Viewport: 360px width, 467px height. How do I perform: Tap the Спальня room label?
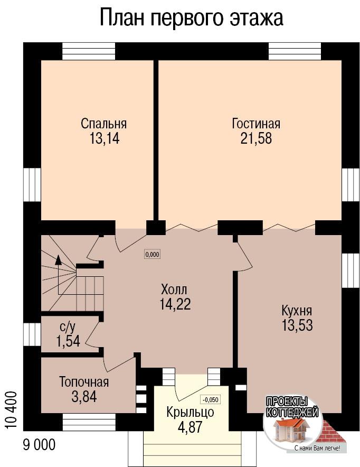click(103, 124)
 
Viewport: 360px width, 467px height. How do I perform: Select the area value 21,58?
click(256, 138)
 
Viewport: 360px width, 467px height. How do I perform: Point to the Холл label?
click(174, 289)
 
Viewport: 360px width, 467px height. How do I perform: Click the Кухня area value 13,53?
click(297, 325)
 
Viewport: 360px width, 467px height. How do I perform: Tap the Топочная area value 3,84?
click(84, 396)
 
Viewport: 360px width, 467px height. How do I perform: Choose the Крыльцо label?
click(190, 412)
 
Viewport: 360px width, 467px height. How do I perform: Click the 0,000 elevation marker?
click(152, 255)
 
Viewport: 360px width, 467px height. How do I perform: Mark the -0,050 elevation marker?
click(211, 399)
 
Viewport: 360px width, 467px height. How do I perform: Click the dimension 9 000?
click(39, 445)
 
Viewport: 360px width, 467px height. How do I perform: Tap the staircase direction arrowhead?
click(59, 260)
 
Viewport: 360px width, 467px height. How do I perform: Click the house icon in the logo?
click(291, 429)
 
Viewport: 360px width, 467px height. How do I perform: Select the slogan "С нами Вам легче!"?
click(317, 448)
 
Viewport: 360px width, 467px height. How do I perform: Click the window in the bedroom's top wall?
click(89, 52)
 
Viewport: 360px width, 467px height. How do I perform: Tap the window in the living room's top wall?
click(295, 52)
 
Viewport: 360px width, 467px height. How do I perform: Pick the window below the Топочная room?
click(89, 422)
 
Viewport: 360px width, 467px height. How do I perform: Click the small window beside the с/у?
click(32, 335)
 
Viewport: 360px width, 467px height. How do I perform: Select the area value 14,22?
click(175, 304)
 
